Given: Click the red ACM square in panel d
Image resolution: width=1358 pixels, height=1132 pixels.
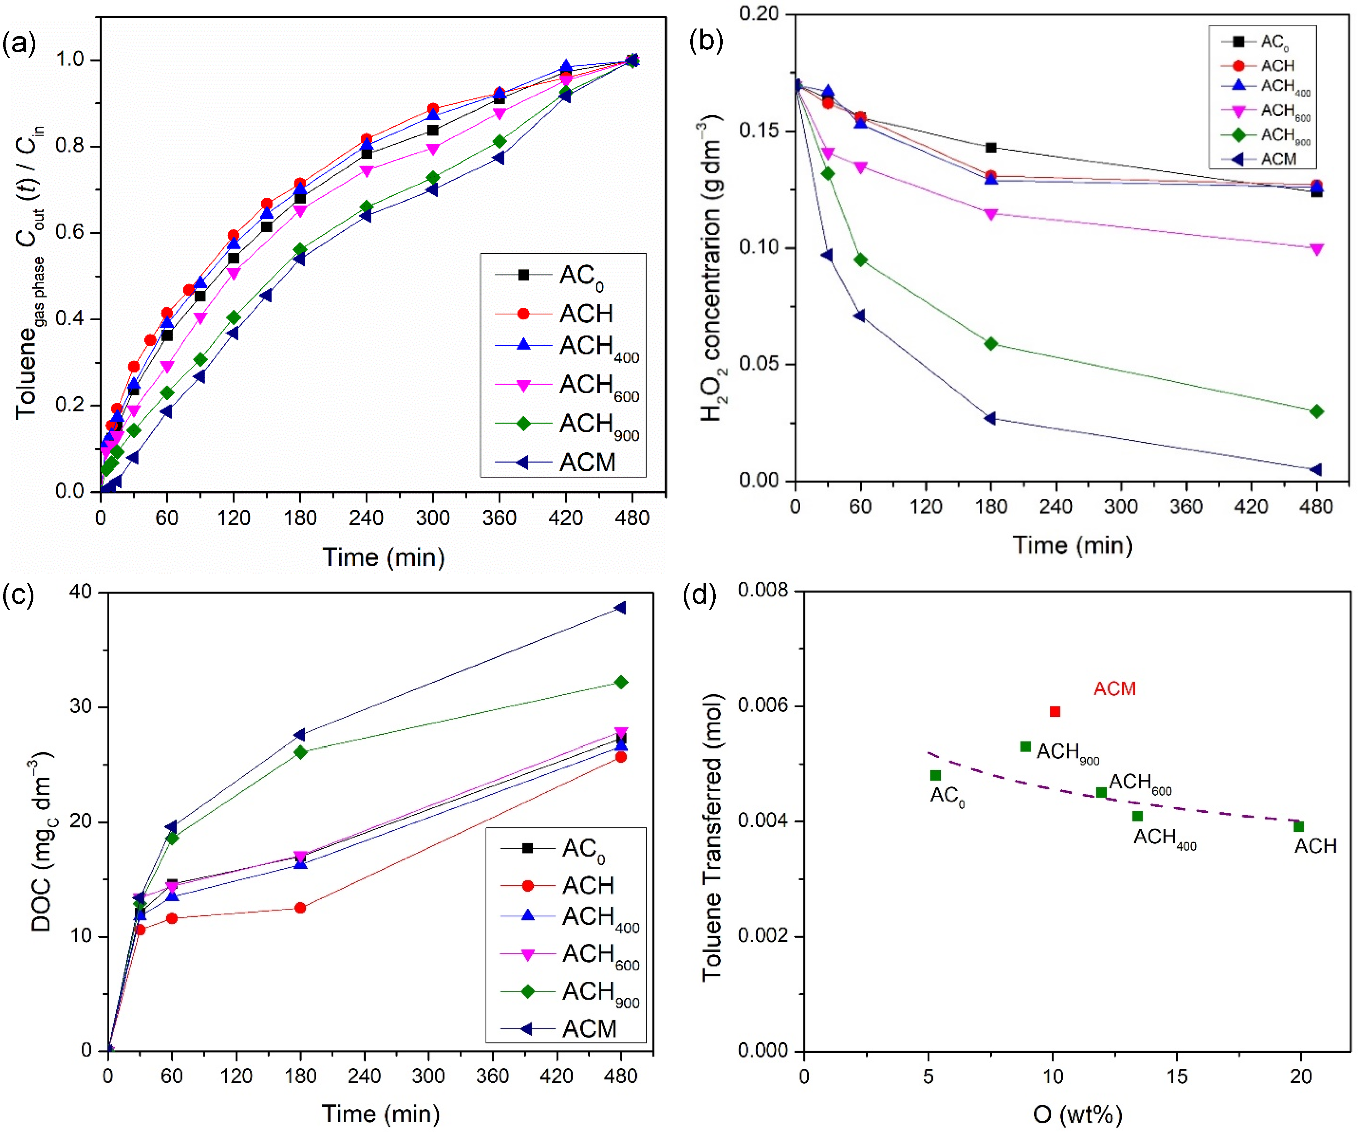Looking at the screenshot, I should (x=1055, y=711).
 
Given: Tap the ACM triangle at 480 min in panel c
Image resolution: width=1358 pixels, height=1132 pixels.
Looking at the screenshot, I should (x=620, y=608).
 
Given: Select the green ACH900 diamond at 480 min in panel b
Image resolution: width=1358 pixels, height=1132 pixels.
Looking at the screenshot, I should (x=1316, y=411).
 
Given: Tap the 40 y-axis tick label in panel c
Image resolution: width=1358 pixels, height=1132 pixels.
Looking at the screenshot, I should (x=80, y=592).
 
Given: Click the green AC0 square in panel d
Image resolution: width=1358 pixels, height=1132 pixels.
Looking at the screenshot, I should (x=935, y=775).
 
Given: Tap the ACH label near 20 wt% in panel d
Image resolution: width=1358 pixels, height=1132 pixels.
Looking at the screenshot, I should (x=1315, y=846).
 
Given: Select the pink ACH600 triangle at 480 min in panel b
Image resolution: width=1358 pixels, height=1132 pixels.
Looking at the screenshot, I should (x=1316, y=249).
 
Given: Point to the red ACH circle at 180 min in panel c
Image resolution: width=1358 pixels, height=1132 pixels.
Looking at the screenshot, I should (x=300, y=908).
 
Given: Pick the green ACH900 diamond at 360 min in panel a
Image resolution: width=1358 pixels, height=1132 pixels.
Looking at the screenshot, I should (x=499, y=141).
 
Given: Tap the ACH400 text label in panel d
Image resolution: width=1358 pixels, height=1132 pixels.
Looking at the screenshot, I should (x=1164, y=838).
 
